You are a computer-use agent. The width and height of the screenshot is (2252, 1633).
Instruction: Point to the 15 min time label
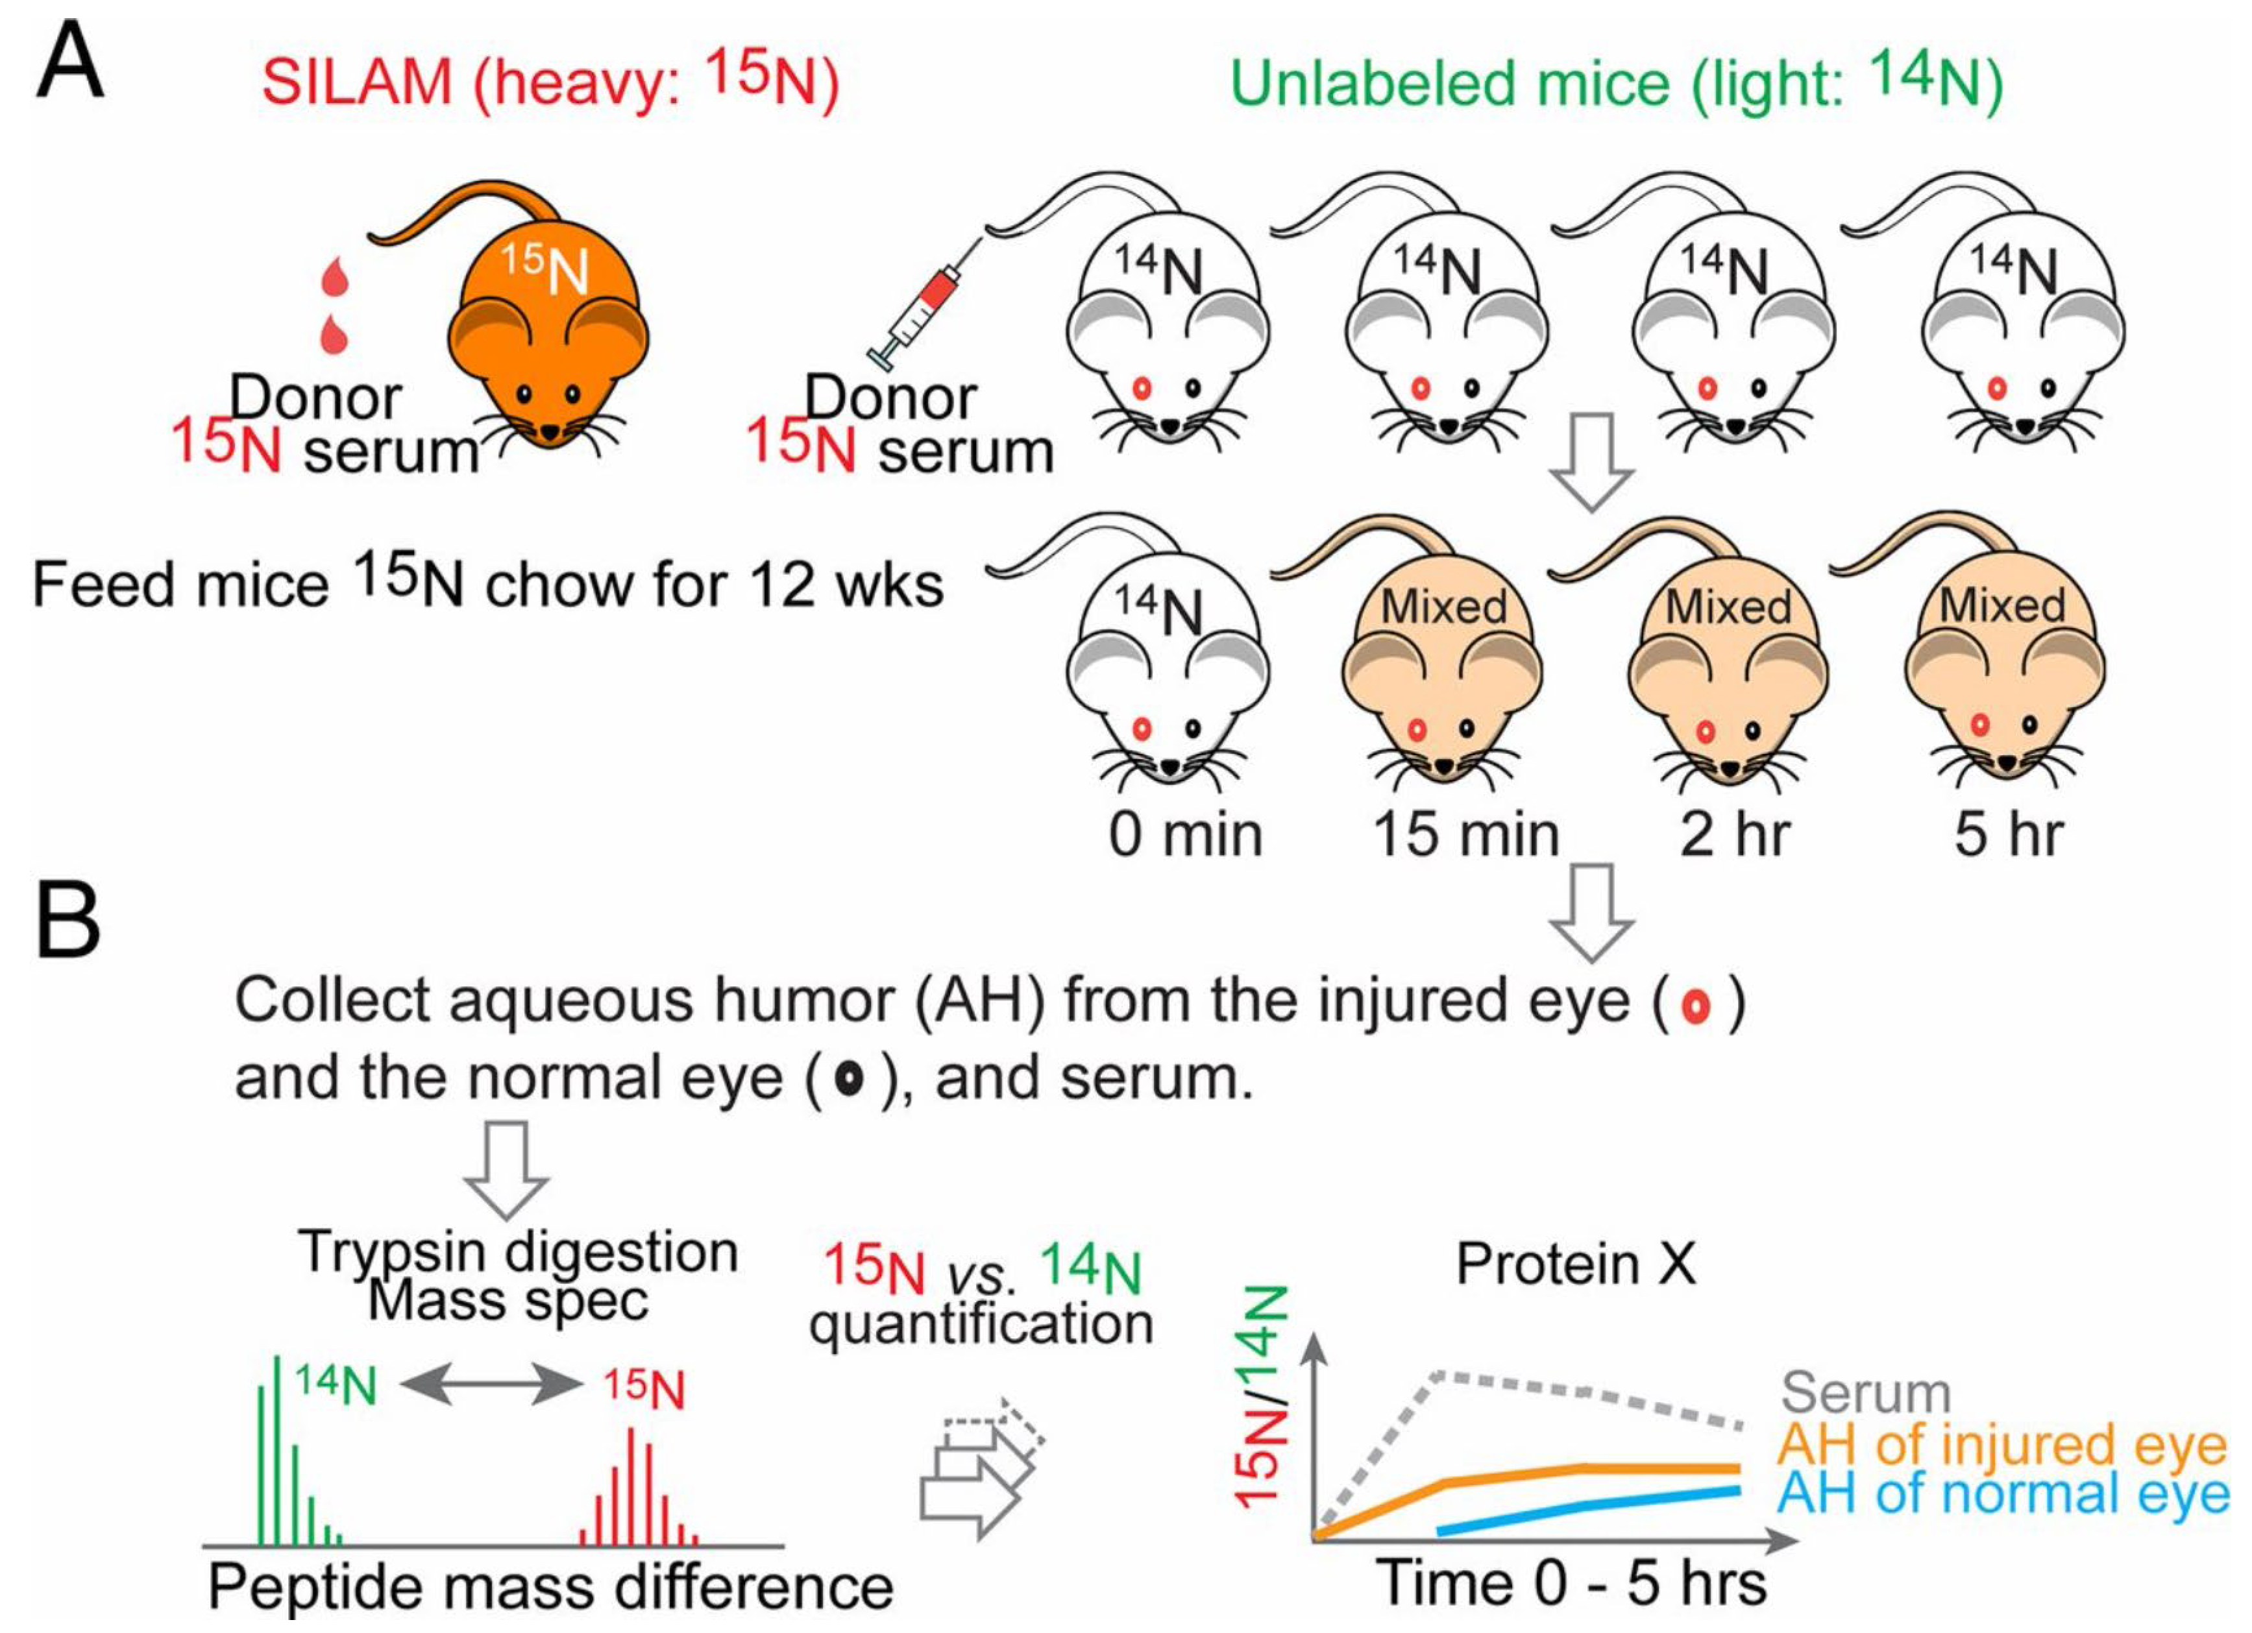click(1465, 834)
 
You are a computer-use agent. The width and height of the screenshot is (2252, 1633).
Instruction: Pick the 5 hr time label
click(2008, 834)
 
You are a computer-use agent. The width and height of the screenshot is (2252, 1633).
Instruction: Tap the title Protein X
click(1576, 1264)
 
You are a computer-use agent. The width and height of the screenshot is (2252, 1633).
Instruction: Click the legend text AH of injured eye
click(2001, 1444)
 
